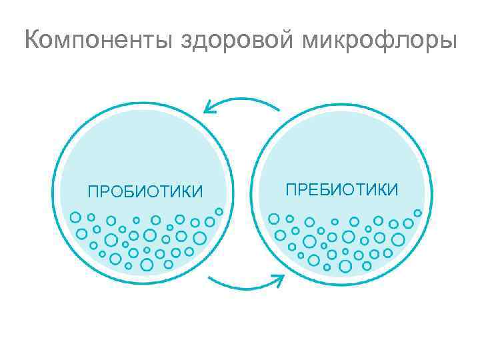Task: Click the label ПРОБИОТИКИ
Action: pos(145,193)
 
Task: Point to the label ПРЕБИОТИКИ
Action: pos(342,189)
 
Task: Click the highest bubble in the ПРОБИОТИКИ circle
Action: pos(219,211)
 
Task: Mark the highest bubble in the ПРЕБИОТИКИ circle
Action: pos(418,213)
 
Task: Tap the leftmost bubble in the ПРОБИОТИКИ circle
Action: pos(75,217)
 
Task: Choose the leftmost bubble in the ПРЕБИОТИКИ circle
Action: pos(273,218)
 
